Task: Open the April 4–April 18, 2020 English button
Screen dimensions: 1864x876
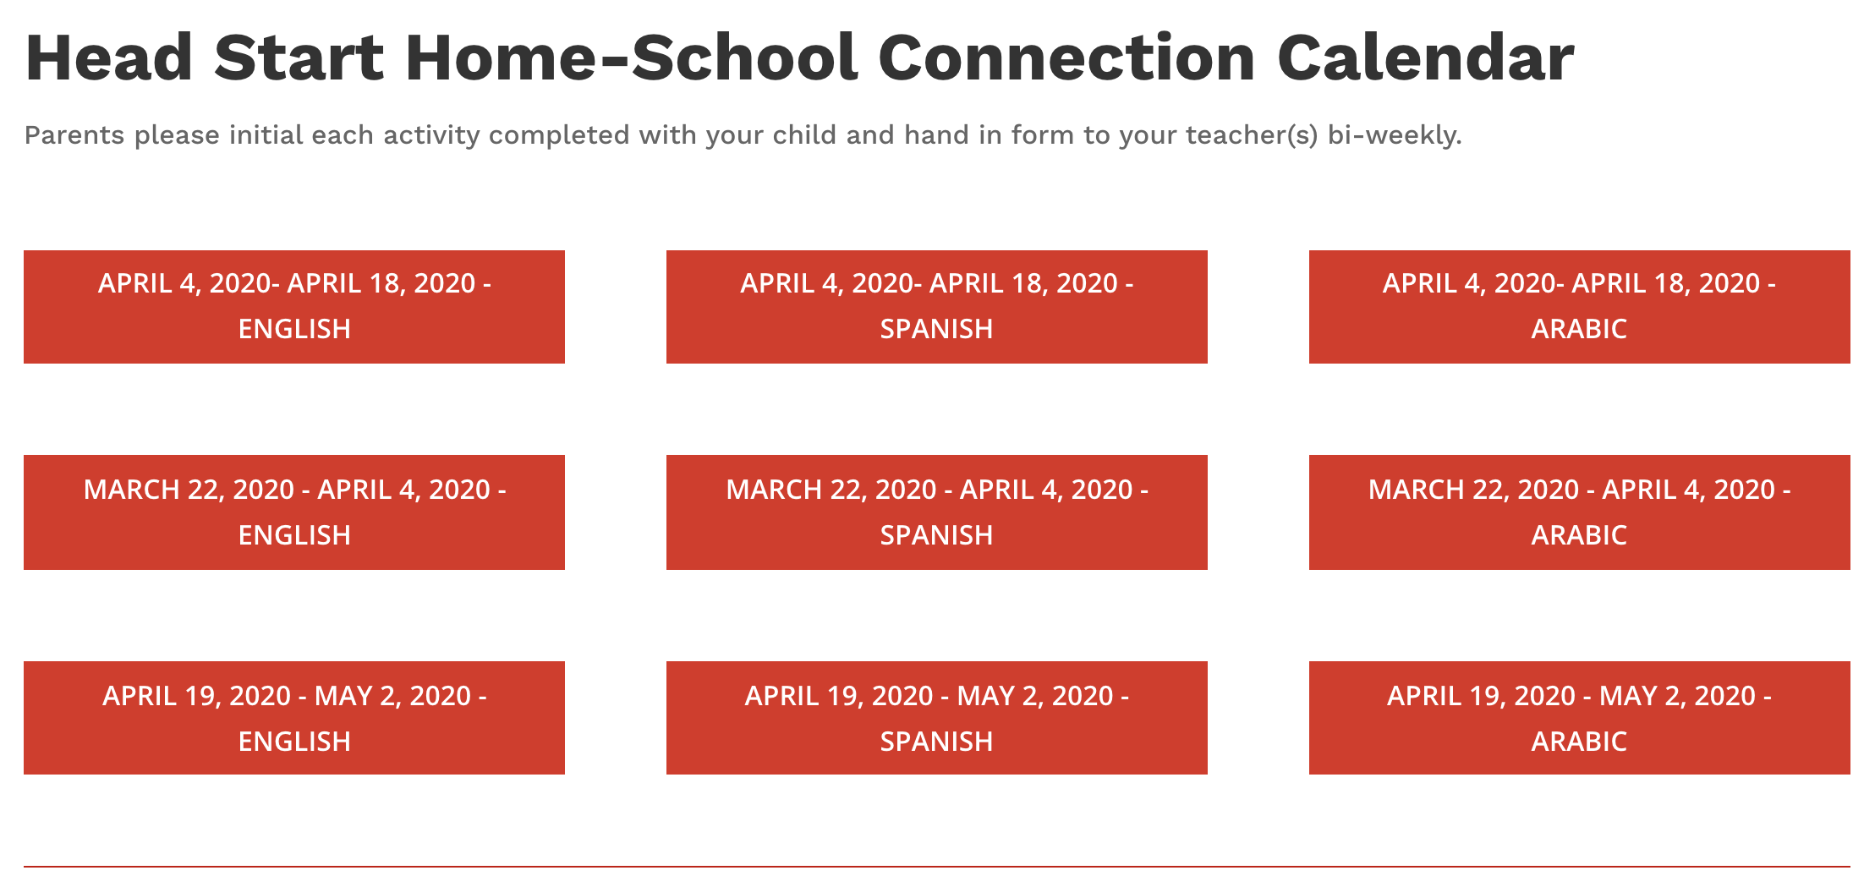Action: point(294,307)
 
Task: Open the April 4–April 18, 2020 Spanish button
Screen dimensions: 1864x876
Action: point(937,307)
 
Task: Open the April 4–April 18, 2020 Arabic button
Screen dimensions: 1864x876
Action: point(1580,307)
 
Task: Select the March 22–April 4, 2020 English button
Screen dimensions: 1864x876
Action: point(294,512)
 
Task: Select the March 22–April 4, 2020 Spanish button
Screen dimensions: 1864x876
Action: point(937,512)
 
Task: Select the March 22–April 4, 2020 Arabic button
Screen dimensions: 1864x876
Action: point(1580,512)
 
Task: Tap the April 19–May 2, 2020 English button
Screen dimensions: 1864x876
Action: point(294,718)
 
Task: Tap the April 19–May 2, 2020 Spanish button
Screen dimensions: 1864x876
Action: point(937,718)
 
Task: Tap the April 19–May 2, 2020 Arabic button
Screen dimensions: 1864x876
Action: point(1580,718)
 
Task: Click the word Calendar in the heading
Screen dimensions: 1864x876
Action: point(1426,57)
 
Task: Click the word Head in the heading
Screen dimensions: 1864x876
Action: point(110,57)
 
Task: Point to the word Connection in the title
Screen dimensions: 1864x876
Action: point(1066,57)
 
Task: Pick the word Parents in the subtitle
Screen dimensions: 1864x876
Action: point(74,135)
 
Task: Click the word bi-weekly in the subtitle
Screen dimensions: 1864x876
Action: point(1395,135)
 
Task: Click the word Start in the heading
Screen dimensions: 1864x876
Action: point(299,57)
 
